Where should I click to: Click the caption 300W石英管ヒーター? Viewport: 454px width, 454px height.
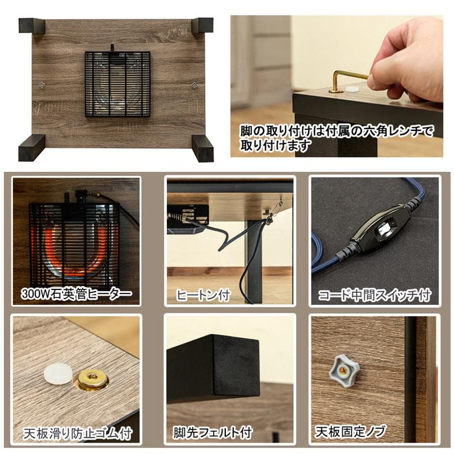tap(75, 294)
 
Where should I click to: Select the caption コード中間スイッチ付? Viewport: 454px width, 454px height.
tap(375, 295)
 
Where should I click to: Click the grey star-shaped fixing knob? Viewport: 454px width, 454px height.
tap(344, 369)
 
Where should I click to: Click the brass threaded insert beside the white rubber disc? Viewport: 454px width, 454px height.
tap(93, 379)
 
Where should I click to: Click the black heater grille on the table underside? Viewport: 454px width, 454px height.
tap(117, 84)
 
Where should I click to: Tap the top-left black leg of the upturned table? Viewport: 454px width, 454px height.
tap(31, 26)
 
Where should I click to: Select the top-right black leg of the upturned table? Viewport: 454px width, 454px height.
tap(203, 25)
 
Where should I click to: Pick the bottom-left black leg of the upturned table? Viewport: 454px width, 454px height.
tap(31, 148)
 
